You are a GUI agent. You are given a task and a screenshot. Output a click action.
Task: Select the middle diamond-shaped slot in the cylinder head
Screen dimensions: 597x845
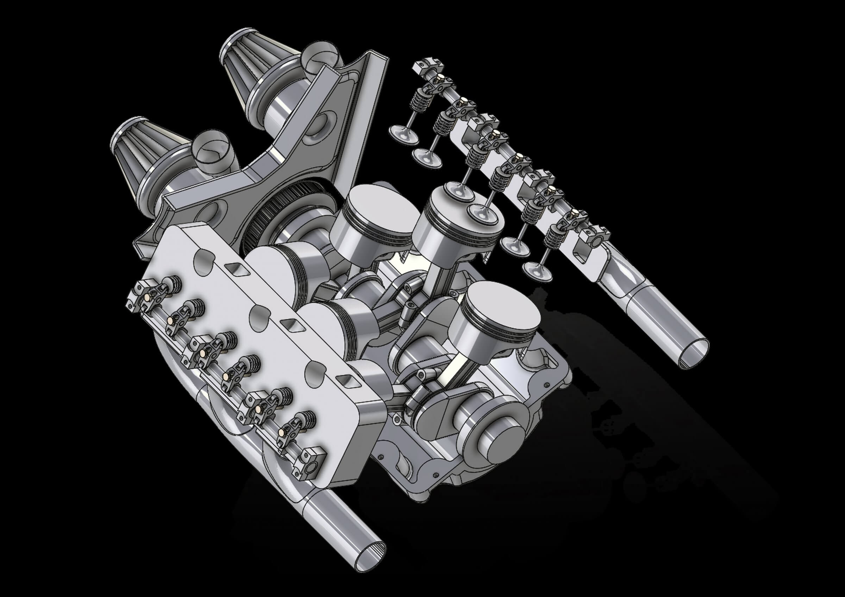click(291, 324)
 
